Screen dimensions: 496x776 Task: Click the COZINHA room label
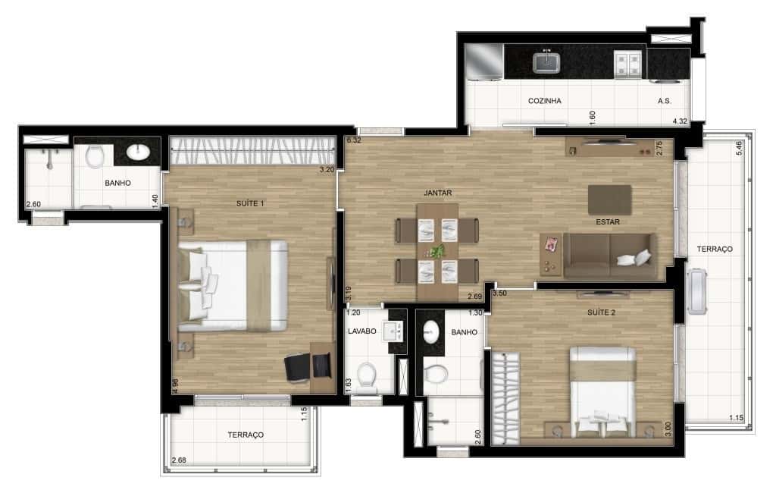[544, 100]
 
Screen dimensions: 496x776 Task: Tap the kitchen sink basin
[546, 61]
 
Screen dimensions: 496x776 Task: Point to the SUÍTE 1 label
[252, 203]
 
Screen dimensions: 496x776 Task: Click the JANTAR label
[438, 193]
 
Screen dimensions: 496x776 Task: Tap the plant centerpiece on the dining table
[436, 250]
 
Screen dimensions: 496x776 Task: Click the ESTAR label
[608, 222]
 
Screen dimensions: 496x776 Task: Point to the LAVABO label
[362, 331]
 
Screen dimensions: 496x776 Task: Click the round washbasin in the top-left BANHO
[139, 153]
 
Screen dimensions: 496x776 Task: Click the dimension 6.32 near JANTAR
[353, 140]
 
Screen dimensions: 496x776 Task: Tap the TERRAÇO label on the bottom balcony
[246, 435]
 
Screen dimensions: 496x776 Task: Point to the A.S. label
[665, 100]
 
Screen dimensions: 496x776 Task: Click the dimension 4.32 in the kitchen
[681, 121]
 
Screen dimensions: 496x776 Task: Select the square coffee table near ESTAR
[609, 199]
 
